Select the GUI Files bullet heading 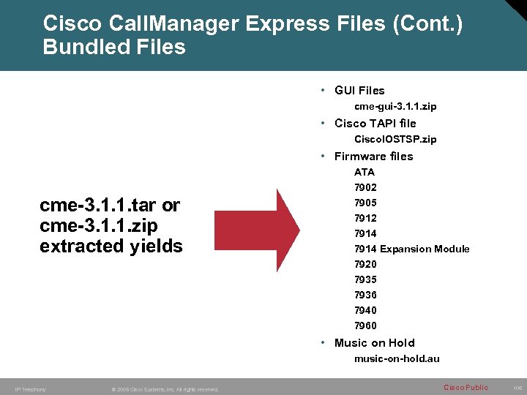359,91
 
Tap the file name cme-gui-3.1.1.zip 395,107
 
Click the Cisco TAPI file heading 375,123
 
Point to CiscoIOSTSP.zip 395,139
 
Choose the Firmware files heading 373,156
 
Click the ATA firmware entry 364,172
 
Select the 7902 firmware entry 365,187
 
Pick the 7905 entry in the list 365,203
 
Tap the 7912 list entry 365,218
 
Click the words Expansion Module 425,249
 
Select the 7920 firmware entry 365,264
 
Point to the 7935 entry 365,279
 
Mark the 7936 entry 365,295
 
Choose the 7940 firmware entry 365,310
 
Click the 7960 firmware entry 365,326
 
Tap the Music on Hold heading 374,342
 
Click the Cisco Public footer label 466,387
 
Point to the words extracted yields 111,246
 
